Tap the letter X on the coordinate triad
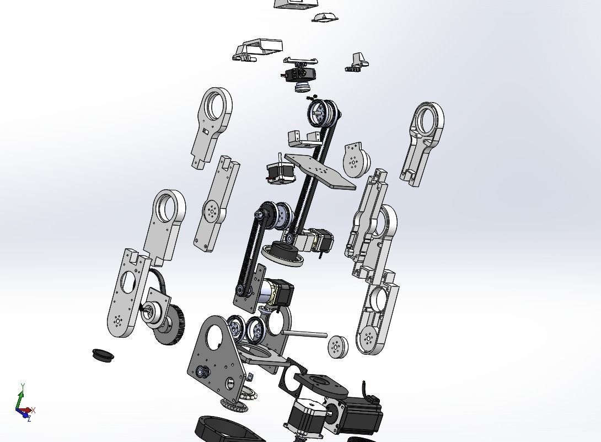point(34,410)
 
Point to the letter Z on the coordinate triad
point(29,419)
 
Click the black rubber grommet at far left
point(103,354)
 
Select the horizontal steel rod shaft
point(304,333)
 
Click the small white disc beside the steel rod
point(337,346)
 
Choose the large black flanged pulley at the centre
point(284,254)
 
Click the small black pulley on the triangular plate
point(200,371)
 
